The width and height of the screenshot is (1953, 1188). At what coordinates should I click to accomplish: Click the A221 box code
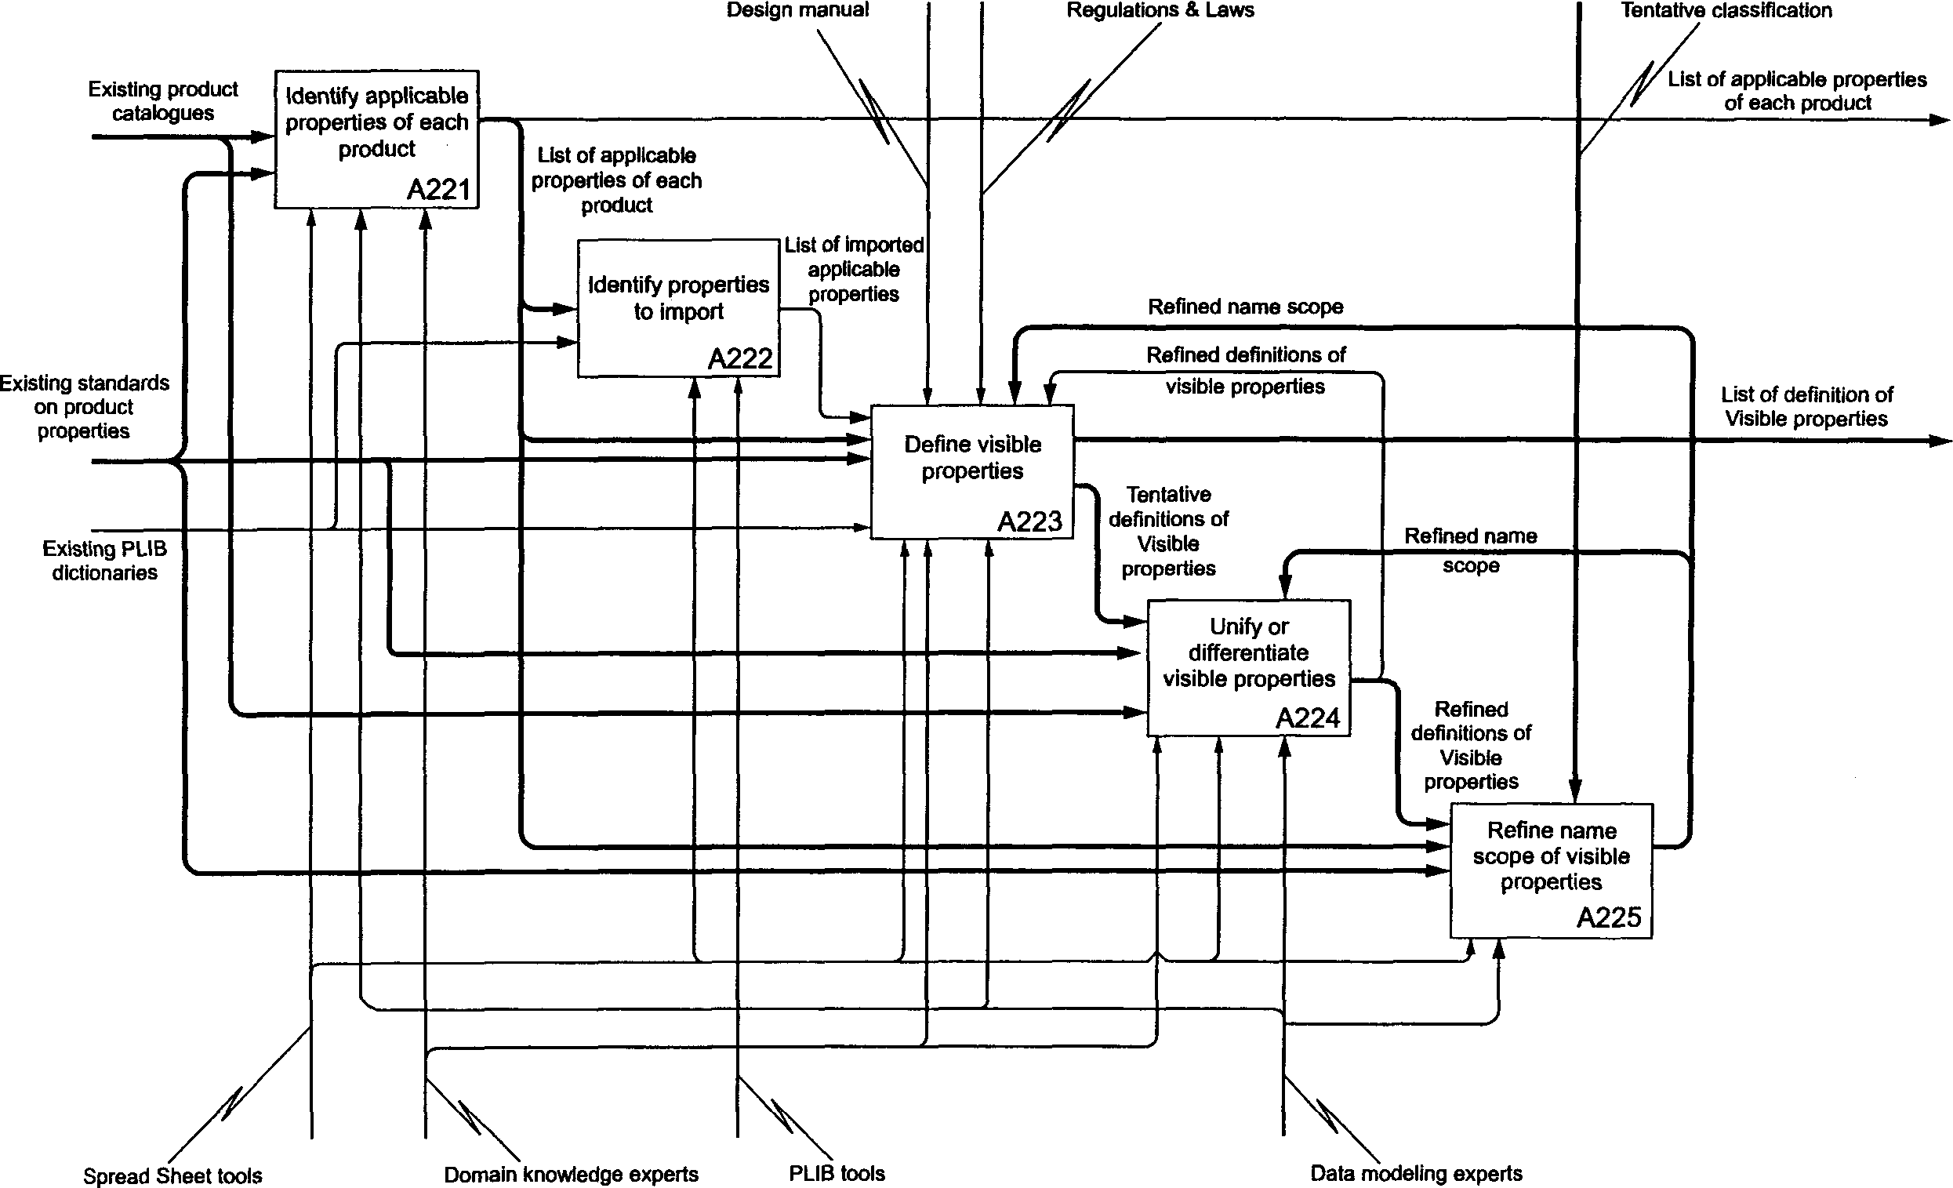tap(438, 191)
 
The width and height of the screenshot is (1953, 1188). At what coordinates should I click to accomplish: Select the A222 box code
tap(739, 359)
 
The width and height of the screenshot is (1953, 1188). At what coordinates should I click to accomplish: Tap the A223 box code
tap(1029, 521)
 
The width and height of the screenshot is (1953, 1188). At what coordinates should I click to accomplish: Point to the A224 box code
tap(1307, 718)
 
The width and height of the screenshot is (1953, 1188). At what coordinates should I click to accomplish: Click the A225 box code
tap(1608, 917)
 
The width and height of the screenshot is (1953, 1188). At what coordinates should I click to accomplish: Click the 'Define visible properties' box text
tap(972, 457)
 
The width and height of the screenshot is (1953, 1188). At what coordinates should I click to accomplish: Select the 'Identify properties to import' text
tap(678, 298)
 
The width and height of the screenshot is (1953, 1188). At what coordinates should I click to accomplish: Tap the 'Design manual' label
tap(797, 10)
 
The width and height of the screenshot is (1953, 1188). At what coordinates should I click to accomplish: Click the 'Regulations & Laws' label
tap(1160, 10)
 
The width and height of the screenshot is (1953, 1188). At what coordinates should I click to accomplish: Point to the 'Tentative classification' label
tap(1726, 10)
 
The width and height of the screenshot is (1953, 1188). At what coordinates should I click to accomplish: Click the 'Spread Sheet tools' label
tap(172, 1175)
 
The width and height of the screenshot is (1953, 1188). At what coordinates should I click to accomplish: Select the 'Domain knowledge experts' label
tap(571, 1175)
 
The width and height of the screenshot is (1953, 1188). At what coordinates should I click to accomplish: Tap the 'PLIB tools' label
tap(837, 1173)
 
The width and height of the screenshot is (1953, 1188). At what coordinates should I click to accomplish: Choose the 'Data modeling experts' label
tap(1417, 1174)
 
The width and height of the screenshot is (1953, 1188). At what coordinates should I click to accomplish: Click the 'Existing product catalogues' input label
tap(163, 100)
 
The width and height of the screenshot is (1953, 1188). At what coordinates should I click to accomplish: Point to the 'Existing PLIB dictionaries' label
tap(104, 561)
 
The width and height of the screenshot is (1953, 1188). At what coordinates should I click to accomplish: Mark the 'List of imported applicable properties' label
tap(854, 270)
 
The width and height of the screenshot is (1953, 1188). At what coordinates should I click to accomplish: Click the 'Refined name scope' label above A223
tap(1245, 307)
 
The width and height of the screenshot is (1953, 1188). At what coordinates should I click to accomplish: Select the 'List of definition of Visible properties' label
tap(1806, 406)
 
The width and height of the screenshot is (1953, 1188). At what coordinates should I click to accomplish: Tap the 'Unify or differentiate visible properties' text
tap(1249, 652)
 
